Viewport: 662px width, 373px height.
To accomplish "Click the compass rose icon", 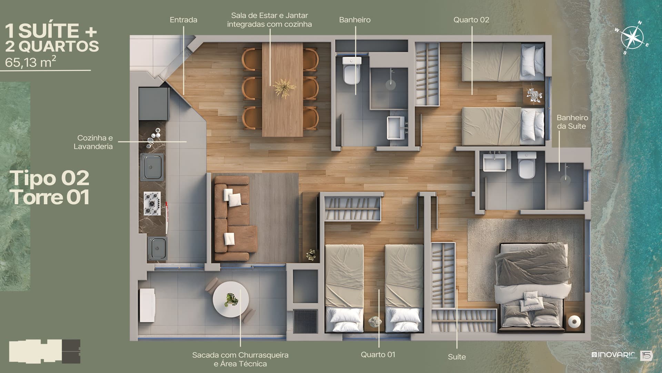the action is tap(632, 37).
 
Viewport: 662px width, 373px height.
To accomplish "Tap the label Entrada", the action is tap(183, 20).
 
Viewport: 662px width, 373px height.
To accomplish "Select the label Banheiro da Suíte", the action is tap(572, 122).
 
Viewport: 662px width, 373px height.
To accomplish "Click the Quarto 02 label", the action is tap(471, 20).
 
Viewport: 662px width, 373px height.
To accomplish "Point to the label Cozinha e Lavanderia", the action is tap(93, 142).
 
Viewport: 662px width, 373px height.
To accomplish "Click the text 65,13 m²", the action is tap(31, 62).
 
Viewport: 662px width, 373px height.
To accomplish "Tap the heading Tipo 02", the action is tap(51, 178).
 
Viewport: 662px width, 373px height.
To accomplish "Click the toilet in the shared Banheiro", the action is tap(352, 70).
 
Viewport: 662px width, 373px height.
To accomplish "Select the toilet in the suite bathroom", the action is tap(527, 166).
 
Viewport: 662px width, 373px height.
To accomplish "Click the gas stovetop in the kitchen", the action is tap(152, 203).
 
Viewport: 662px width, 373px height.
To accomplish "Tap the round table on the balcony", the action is tap(231, 299).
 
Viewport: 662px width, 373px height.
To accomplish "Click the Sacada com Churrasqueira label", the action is tap(240, 355).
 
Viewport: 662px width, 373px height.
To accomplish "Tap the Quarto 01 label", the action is tap(378, 355).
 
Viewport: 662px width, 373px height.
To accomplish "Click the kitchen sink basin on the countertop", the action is tap(152, 168).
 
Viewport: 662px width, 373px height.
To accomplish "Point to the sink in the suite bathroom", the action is tap(494, 162).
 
